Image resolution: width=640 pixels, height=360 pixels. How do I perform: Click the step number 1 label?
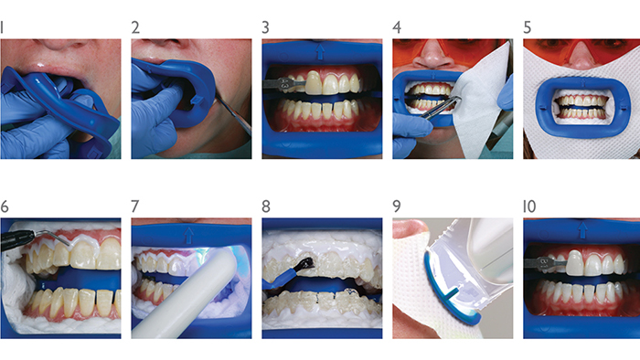(2, 27)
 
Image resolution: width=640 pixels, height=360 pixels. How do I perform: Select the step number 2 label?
(135, 27)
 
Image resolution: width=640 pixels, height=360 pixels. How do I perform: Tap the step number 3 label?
(266, 27)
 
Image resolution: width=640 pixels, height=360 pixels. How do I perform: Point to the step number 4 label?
(397, 27)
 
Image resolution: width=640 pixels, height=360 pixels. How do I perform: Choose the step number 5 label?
(528, 27)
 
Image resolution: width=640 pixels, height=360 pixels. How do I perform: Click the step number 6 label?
(5, 206)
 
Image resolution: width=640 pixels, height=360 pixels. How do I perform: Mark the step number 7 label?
(135, 206)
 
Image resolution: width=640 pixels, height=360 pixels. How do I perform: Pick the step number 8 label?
(266, 206)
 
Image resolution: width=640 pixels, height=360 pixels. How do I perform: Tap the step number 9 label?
(396, 206)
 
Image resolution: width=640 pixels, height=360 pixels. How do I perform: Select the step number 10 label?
(529, 206)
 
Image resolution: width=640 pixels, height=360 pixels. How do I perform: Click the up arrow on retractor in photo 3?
(320, 52)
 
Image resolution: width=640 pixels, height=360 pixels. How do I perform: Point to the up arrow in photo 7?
(188, 235)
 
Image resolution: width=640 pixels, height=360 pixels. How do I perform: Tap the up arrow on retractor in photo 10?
(582, 230)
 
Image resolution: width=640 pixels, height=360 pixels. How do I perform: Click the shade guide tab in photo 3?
(284, 84)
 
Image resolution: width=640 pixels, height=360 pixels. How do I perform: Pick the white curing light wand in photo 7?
(185, 294)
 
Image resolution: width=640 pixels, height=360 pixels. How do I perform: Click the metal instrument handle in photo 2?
(233, 114)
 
